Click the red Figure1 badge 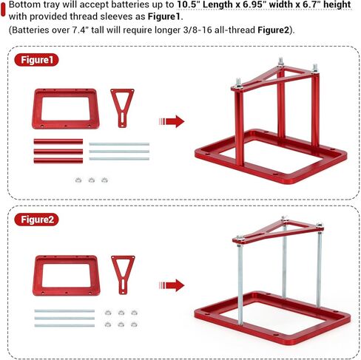point(36,60)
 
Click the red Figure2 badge point(36,220)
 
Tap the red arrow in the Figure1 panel point(172,121)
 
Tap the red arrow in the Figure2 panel point(172,285)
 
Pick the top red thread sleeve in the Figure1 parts point(58,141)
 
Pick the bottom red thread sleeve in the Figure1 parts point(58,160)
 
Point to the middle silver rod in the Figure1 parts point(119,152)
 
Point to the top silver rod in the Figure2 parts point(64,311)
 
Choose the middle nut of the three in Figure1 point(92,180)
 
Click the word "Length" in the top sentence point(217,4)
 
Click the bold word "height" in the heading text point(337,4)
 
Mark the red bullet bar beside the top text point(3,10)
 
